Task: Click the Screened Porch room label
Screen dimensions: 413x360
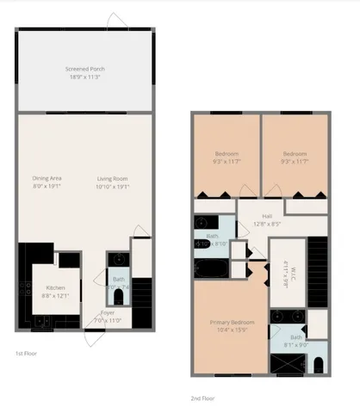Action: pyautogui.click(x=84, y=68)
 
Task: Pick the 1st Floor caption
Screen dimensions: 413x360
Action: pyautogui.click(x=26, y=354)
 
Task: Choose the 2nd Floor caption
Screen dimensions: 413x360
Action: pyautogui.click(x=202, y=398)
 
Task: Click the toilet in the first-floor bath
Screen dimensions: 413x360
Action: pyautogui.click(x=118, y=295)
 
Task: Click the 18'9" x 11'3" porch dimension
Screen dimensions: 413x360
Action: pyautogui.click(x=84, y=77)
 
